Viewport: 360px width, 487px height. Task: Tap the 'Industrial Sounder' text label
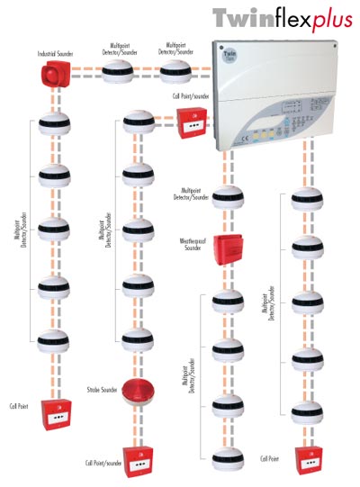pyautogui.click(x=55, y=54)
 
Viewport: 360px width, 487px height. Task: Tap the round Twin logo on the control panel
pyautogui.click(x=229, y=58)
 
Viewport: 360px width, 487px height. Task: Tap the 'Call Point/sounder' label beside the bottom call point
pyautogui.click(x=102, y=463)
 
